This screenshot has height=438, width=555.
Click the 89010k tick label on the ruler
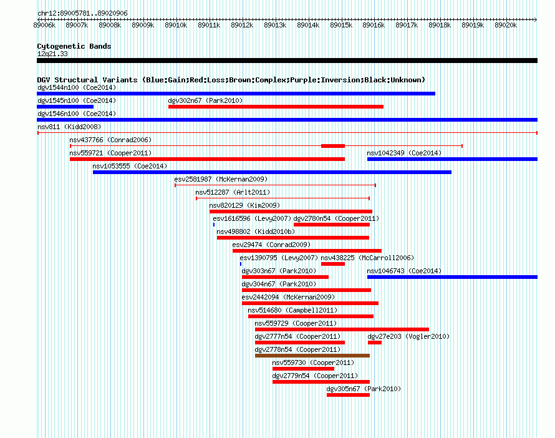click(176, 25)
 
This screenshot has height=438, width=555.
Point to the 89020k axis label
click(506, 25)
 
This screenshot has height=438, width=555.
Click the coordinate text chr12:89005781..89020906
click(82, 14)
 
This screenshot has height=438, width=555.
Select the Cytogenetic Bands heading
click(74, 46)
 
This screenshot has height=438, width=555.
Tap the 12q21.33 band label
click(52, 54)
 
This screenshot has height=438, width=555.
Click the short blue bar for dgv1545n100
click(65, 107)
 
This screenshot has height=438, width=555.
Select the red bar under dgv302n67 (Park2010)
click(276, 107)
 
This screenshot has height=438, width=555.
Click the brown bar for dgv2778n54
click(312, 356)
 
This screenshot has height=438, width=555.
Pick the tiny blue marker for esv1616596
click(214, 225)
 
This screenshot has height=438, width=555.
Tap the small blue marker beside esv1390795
click(241, 264)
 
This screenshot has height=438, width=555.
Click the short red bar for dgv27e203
click(375, 343)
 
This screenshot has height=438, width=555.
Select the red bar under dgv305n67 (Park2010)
click(349, 395)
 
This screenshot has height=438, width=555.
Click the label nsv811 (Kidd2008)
click(69, 127)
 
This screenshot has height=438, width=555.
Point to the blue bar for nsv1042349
click(452, 159)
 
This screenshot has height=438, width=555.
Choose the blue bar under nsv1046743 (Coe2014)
click(452, 277)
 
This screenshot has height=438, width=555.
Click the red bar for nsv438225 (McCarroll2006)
click(333, 264)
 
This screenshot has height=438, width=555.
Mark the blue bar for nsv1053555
click(272, 172)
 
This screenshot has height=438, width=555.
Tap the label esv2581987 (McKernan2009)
click(221, 179)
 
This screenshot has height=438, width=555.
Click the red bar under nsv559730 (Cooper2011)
click(303, 369)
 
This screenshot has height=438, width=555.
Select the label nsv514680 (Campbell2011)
click(292, 310)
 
